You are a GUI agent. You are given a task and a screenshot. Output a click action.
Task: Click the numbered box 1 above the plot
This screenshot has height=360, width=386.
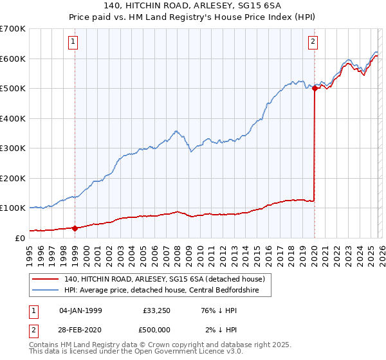click(74, 42)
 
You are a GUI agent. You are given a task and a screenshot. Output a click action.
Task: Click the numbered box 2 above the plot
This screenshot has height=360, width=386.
click(313, 42)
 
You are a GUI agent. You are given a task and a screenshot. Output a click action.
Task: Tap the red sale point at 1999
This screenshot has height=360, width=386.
click(75, 228)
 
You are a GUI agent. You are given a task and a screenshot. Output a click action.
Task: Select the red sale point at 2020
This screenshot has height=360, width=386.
click(315, 89)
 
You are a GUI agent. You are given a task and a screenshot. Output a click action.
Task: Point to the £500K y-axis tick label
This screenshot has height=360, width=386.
click(13, 89)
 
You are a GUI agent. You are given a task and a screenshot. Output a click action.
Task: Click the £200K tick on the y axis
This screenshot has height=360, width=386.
click(13, 178)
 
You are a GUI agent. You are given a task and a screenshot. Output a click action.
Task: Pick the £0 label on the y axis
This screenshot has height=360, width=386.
click(19, 238)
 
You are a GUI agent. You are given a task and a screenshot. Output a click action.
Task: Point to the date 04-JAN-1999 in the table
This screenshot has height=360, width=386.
click(80, 310)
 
